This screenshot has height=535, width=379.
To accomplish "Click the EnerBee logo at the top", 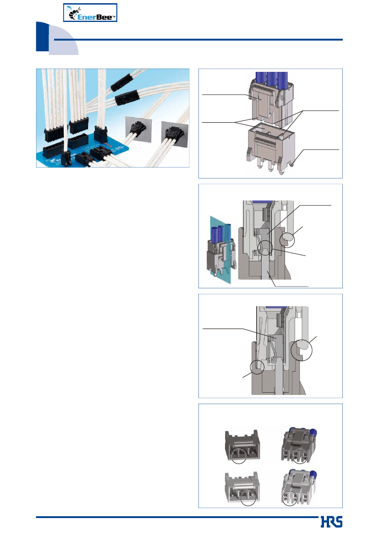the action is click(90, 13).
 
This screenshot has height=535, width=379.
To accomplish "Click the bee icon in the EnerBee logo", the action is click(73, 13).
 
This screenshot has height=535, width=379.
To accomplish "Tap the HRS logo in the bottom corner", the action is click(331, 522).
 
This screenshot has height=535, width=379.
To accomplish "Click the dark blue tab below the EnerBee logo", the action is click(42, 37).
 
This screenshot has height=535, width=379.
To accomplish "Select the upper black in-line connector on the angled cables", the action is click(121, 82).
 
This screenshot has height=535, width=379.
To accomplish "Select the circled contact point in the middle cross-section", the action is click(265, 248).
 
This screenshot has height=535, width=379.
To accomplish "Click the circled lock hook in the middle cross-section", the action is click(287, 240).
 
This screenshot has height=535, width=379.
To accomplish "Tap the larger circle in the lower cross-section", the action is click(302, 350).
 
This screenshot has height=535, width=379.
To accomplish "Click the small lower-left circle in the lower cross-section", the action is click(257, 367).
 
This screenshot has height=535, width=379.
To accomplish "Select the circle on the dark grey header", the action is click(238, 456).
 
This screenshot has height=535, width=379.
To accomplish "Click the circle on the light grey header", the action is click(248, 498).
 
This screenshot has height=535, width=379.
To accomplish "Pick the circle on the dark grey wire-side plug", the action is click(300, 456).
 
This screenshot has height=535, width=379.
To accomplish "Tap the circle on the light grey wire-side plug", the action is click(290, 498).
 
